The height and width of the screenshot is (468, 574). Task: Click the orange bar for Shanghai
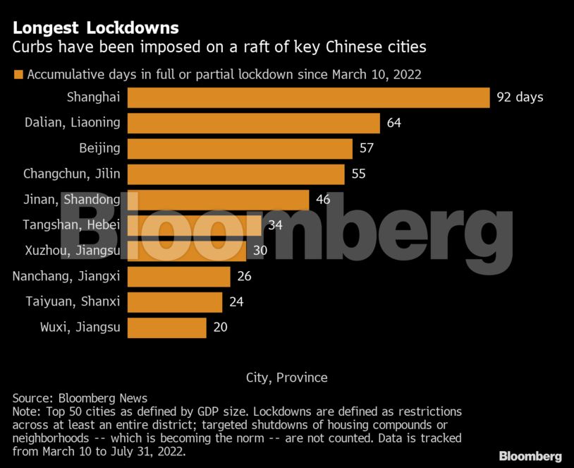pos(308,97)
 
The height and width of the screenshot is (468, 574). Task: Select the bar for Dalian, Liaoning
pos(254,123)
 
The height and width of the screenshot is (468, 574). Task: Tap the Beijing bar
pos(240,148)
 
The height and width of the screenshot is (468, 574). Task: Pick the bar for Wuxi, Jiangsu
pos(166,328)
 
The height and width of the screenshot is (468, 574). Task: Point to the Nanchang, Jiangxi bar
pos(178,276)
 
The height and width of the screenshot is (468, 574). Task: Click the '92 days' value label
pos(520,97)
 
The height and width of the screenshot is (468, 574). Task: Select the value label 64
pos(393,123)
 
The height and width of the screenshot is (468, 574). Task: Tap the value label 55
pos(358,174)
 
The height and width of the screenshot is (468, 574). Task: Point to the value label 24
pos(236,302)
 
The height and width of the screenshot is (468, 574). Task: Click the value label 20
pos(220,328)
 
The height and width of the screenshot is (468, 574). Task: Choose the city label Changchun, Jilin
pos(71,174)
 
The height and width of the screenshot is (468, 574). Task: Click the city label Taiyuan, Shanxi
pos(73,302)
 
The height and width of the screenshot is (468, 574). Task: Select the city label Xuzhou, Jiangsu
pos(72,251)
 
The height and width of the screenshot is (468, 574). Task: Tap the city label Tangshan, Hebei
pos(71,225)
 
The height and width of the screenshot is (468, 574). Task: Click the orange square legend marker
pos(18,74)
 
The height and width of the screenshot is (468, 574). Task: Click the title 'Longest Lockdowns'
pos(95,28)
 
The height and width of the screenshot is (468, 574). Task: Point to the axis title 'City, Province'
pos(287,378)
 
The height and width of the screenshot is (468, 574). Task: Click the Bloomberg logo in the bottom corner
pos(530,456)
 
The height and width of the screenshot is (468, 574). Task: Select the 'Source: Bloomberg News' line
pos(80,398)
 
